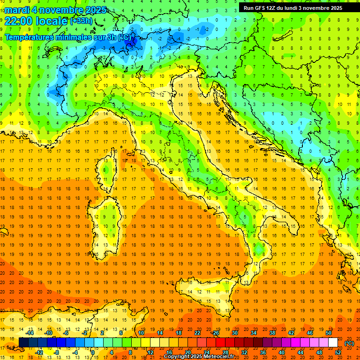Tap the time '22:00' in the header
point(18,20)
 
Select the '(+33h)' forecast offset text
point(81,21)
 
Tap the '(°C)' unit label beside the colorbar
point(349,343)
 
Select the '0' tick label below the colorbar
point(93,352)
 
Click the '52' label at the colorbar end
point(338,352)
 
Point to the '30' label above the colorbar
point(234,333)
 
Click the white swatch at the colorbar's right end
point(333,343)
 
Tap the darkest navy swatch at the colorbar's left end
point(23,343)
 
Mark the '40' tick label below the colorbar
point(281,352)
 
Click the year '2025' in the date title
point(96,10)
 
